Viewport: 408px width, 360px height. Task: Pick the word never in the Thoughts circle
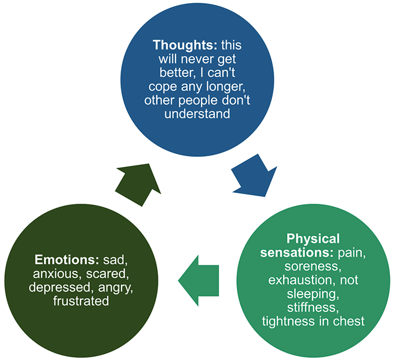click(189, 60)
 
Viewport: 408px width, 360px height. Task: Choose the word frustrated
click(81, 301)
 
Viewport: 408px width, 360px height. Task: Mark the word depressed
click(60, 287)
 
